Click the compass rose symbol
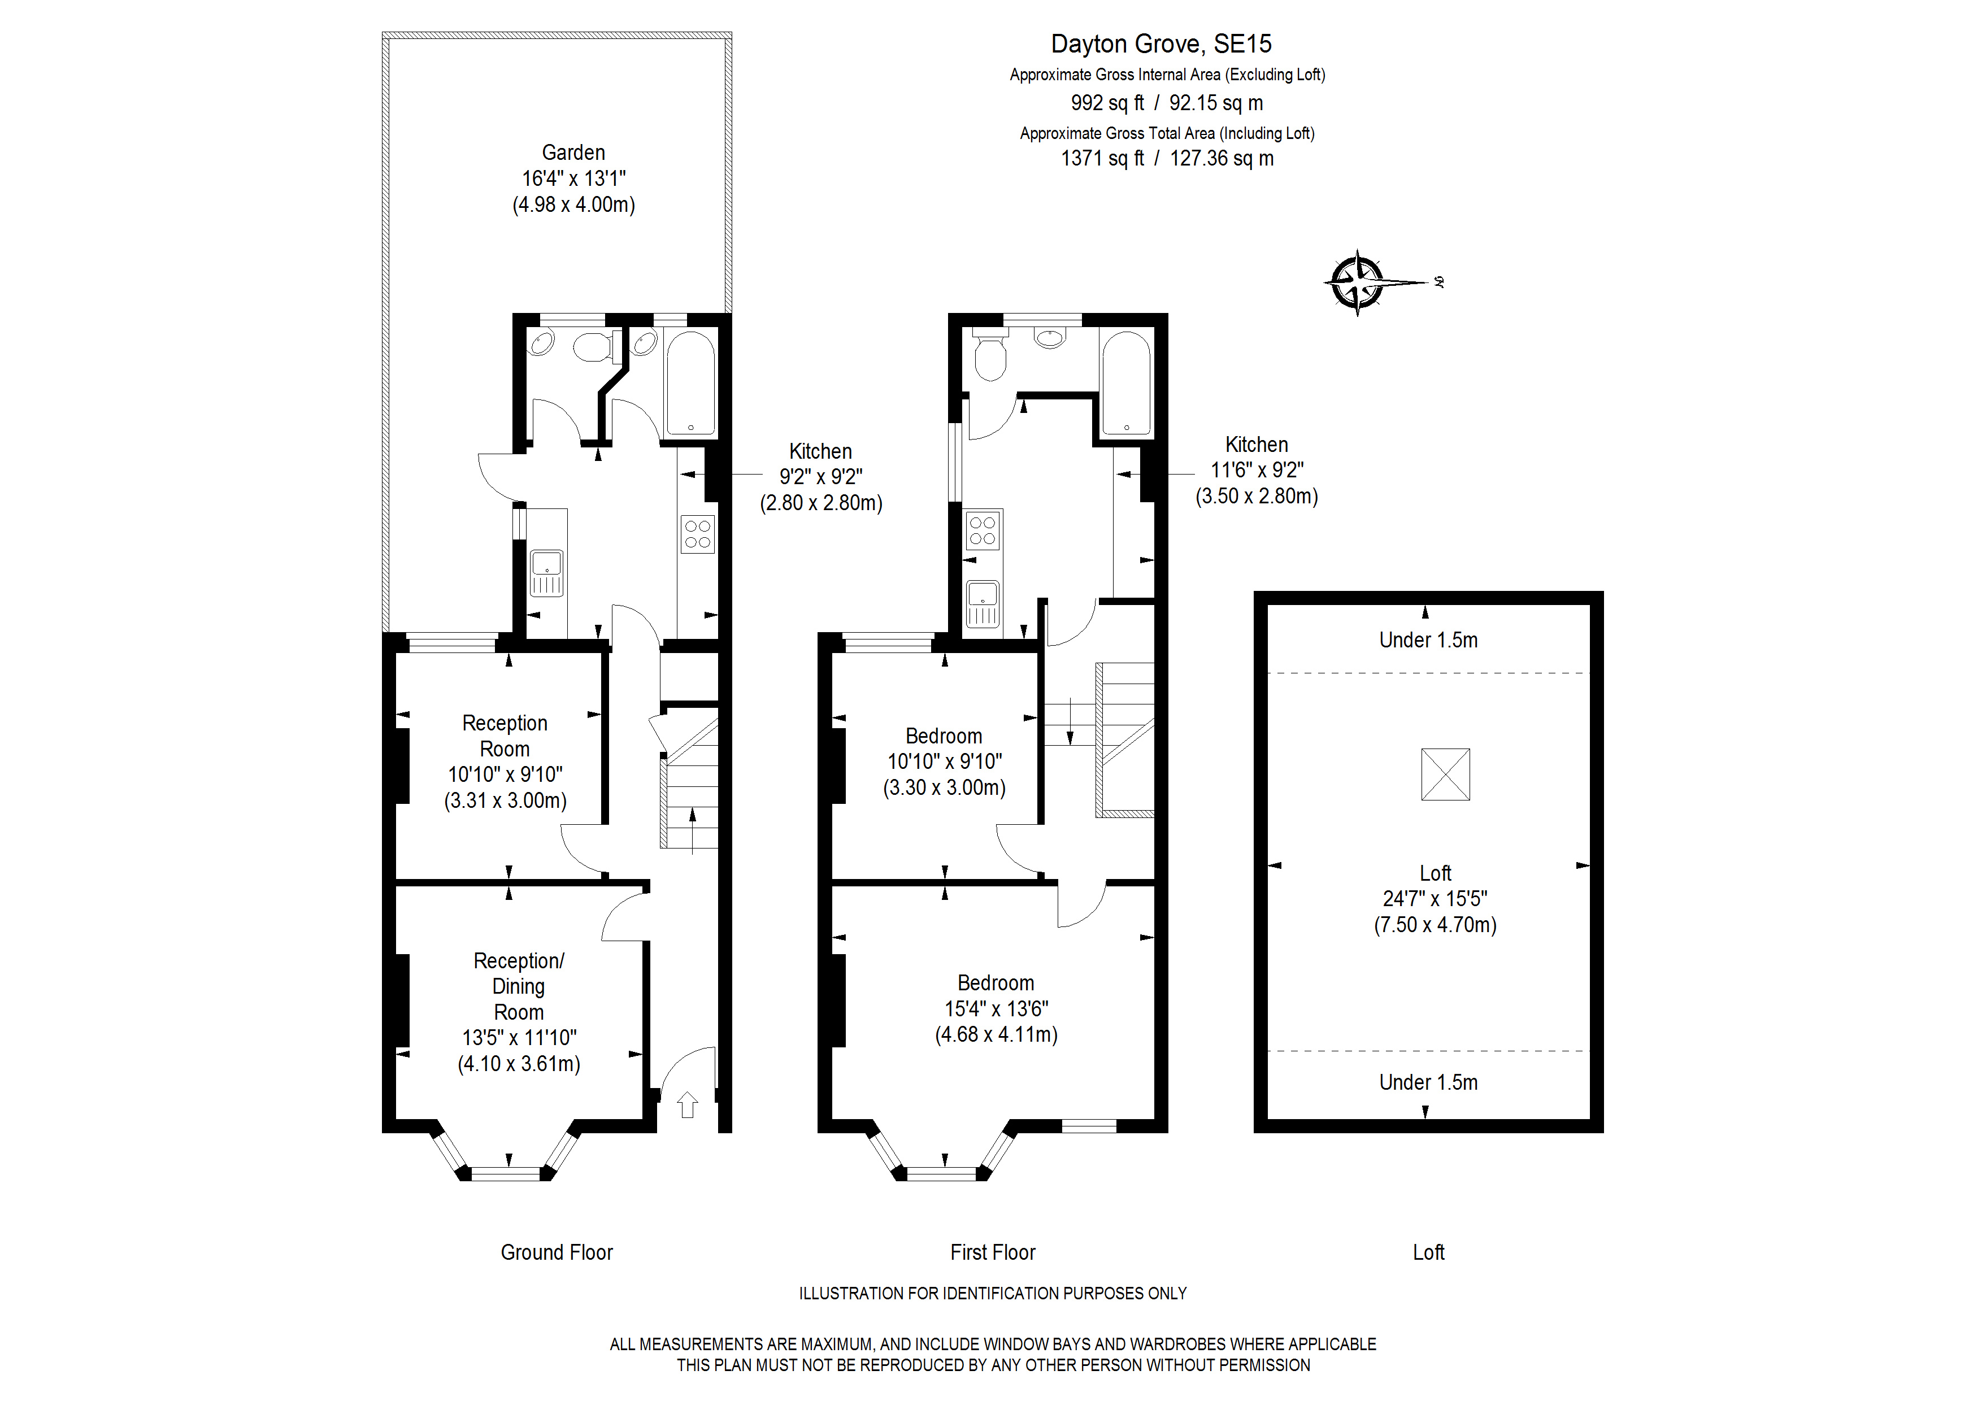point(1358,282)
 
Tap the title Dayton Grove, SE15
point(1161,44)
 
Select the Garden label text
point(573,153)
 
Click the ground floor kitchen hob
point(698,533)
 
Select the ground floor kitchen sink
point(546,573)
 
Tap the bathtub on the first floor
point(1127,383)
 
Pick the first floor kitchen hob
point(983,530)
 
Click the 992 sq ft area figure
point(1107,103)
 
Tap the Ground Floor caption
point(556,1252)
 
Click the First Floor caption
point(993,1252)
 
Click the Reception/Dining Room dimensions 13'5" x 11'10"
point(519,1038)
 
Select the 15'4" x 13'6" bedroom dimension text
point(996,1008)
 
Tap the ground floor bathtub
point(690,383)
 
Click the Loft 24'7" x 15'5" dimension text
point(1435,899)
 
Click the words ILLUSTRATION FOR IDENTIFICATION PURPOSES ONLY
point(993,1293)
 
